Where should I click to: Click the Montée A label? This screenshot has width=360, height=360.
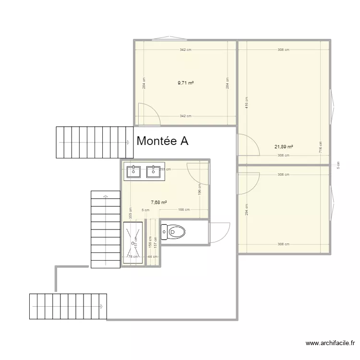162,141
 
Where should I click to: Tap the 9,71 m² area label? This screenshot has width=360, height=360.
185,83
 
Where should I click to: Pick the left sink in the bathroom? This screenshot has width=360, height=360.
132,171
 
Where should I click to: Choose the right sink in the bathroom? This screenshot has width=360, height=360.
153,171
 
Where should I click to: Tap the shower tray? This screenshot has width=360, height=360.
133,242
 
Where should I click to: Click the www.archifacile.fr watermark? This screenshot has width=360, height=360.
330,343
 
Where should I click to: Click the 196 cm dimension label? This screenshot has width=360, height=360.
200,190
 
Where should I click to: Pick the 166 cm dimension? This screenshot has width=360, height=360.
184,210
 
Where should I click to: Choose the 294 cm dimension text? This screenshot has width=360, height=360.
246,209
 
